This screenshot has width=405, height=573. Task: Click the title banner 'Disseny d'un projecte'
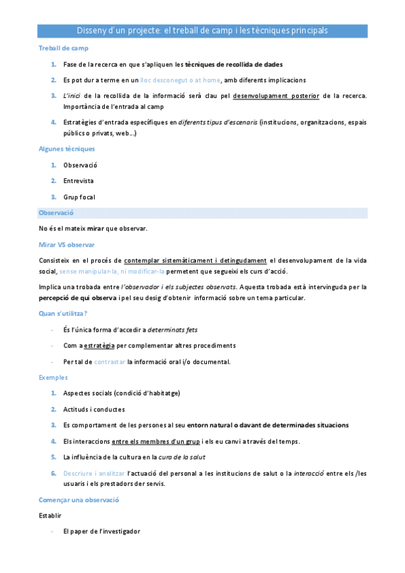[x=202, y=30]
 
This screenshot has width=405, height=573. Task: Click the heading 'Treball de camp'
[x=64, y=48]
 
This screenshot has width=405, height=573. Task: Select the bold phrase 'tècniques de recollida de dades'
[x=234, y=64]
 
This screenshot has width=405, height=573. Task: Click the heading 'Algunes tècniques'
[x=67, y=149]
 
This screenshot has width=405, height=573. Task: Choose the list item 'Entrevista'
[x=78, y=181]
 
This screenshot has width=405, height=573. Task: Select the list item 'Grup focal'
[x=79, y=197]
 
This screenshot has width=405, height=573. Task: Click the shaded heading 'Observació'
[x=56, y=213]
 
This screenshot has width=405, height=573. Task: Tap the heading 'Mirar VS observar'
[x=67, y=245]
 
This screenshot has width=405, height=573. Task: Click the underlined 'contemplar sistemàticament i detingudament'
[x=195, y=260]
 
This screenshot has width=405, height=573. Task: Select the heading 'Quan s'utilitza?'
[x=63, y=314]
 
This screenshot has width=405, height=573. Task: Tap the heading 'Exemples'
[x=53, y=377]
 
